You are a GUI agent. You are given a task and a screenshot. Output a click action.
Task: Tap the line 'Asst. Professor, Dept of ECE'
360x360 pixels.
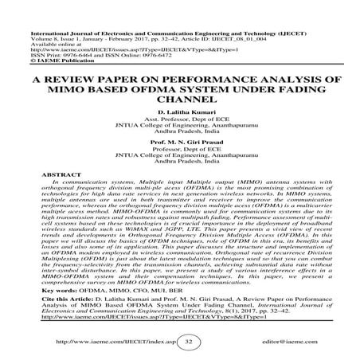(179, 103)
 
